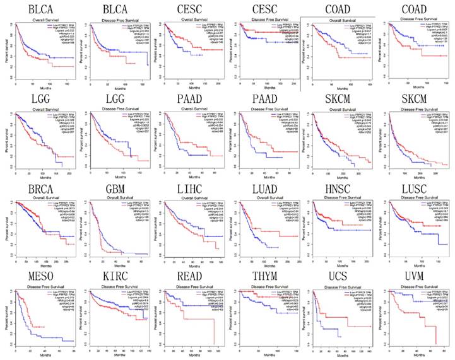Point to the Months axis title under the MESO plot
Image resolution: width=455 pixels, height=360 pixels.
pyautogui.click(x=38, y=356)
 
